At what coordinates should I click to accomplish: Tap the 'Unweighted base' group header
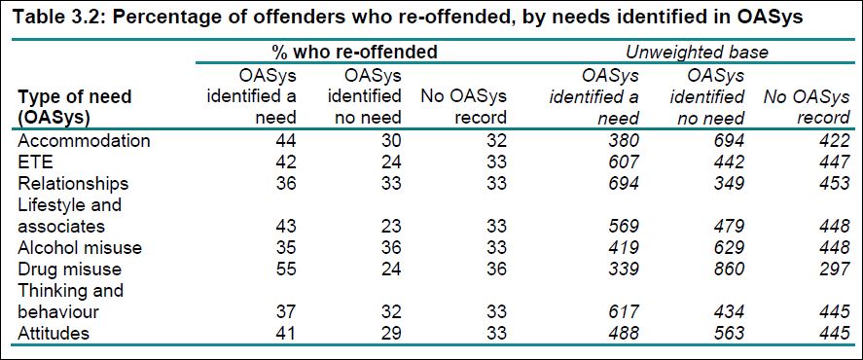click(699, 51)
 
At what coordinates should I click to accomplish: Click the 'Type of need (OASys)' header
click(75, 108)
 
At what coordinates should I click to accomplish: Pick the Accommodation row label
click(85, 140)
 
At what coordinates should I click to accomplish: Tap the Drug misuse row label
click(71, 269)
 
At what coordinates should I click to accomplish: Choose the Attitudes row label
click(54, 333)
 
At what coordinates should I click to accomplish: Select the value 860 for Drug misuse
click(728, 269)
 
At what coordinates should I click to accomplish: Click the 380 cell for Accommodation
click(623, 140)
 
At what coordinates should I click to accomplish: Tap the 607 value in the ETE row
click(623, 162)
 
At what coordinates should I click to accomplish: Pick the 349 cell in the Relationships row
click(728, 183)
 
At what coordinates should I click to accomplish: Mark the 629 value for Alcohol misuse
click(728, 247)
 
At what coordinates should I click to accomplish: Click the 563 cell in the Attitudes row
click(728, 333)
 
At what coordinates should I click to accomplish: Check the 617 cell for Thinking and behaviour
click(623, 311)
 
